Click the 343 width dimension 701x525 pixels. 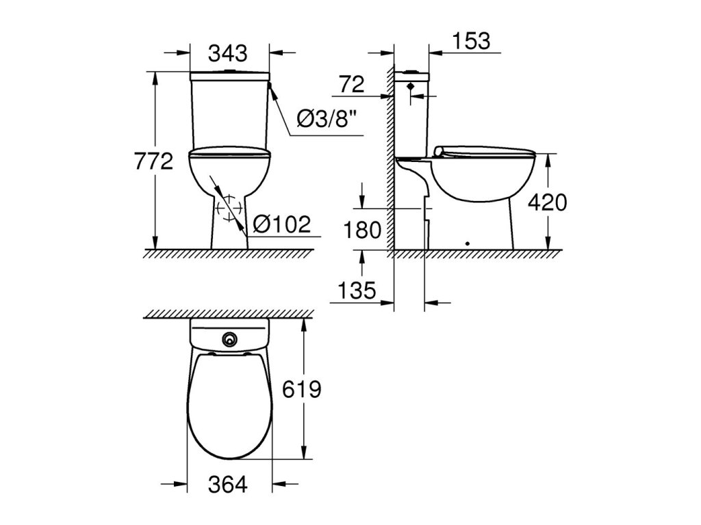227,53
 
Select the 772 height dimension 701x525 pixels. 154,161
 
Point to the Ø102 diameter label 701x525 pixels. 281,224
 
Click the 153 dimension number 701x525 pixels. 471,40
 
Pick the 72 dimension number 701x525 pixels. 352,84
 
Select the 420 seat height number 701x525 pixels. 547,202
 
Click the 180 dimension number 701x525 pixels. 362,230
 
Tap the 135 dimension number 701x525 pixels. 357,291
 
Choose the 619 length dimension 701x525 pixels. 302,389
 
